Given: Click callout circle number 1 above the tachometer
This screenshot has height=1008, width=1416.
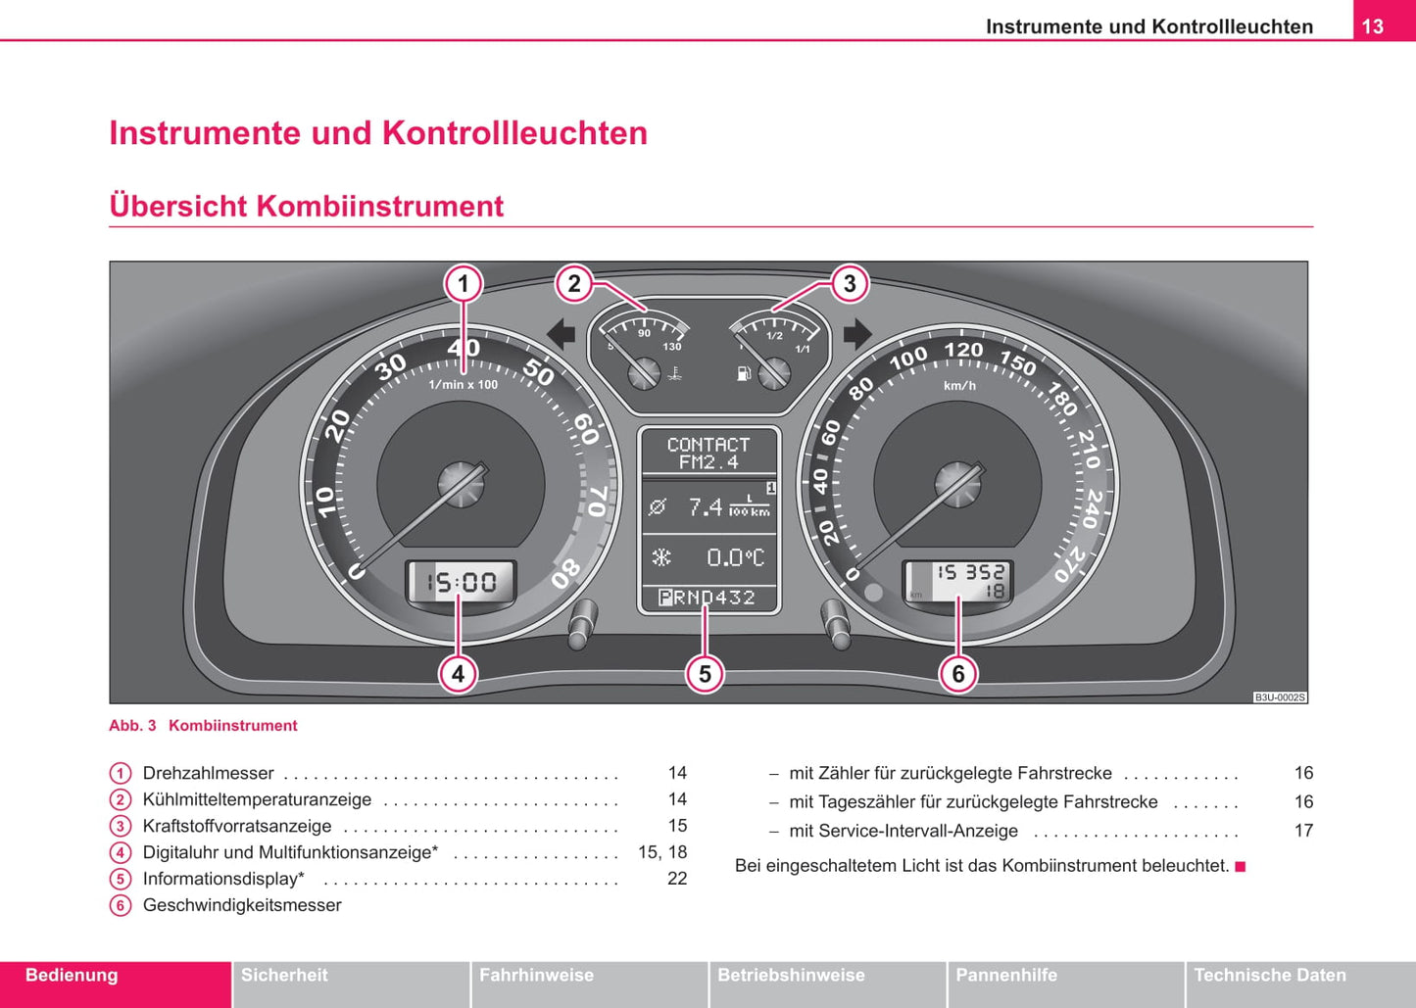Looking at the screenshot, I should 464,284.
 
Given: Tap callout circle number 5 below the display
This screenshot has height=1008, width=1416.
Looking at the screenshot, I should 705,674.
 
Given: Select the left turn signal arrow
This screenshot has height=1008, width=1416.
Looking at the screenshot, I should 562,335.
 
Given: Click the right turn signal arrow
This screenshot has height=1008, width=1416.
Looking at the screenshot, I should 856,335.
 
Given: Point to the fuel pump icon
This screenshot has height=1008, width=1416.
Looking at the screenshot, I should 744,372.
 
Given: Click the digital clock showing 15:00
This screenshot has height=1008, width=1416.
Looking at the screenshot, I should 461,583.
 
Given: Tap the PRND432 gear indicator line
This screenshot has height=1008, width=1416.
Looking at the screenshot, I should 708,598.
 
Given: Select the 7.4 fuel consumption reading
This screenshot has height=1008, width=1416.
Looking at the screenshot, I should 706,506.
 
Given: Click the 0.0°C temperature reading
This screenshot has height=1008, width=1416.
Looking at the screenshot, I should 734,557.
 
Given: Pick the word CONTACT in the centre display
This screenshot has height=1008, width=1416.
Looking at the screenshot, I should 708,444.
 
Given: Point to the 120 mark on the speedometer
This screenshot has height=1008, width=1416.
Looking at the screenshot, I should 962,350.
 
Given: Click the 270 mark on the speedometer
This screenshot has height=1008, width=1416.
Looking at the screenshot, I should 1070,564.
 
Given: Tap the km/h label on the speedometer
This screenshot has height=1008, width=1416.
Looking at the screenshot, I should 959,386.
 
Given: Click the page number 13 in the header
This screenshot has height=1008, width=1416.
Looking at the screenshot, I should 1373,26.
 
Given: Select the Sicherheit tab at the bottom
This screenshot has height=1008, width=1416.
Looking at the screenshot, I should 284,976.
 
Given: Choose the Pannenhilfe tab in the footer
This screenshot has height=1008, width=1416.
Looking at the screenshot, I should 1006,976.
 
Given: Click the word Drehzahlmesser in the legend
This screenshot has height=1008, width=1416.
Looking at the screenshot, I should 208,773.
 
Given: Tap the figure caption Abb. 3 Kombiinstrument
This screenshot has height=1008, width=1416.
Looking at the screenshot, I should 203,726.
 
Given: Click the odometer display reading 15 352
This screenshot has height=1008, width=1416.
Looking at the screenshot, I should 969,572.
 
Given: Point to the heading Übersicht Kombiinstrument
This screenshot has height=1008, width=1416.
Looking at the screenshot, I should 306,206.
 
